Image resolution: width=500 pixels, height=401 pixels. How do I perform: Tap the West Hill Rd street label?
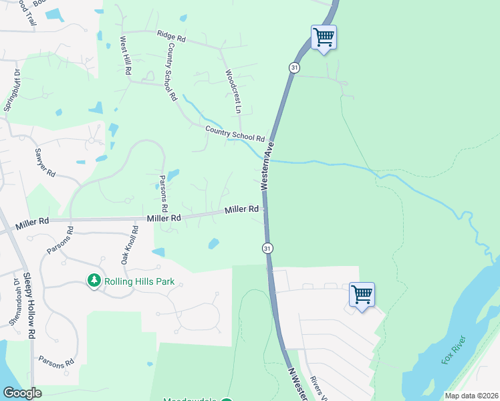click(125, 55)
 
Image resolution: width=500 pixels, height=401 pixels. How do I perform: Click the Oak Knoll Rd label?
click(130, 244)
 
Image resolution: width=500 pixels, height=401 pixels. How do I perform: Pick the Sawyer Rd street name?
click(45, 160)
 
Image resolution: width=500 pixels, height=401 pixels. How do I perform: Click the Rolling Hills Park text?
click(139, 281)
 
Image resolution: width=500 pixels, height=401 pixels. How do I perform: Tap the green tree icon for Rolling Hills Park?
click(95, 281)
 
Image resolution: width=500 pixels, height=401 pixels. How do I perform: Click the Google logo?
click(23, 393)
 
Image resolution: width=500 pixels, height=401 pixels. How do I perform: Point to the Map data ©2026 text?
click(471, 396)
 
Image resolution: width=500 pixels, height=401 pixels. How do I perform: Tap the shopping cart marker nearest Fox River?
click(362, 294)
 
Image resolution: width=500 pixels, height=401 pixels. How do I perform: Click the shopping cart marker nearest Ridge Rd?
click(324, 37)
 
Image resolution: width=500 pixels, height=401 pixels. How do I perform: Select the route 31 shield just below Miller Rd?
click(267, 248)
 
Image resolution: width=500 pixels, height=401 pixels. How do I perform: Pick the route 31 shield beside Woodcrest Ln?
click(294, 68)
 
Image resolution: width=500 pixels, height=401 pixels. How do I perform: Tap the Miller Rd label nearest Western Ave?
click(241, 210)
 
